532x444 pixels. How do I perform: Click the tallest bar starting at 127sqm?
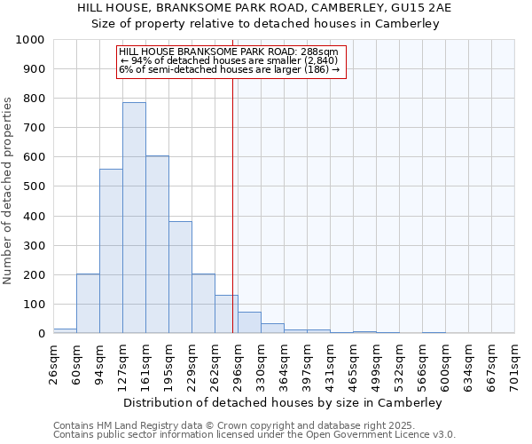134,218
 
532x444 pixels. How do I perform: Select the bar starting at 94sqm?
111,251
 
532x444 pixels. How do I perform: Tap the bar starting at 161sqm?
157,244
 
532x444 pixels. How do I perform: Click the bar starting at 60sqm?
88,304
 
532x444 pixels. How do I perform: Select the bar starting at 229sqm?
203,304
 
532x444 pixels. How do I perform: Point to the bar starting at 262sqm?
226,314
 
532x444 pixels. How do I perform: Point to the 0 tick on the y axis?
42,334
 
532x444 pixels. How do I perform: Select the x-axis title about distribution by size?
283,402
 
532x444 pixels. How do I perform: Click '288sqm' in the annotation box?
319,52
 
